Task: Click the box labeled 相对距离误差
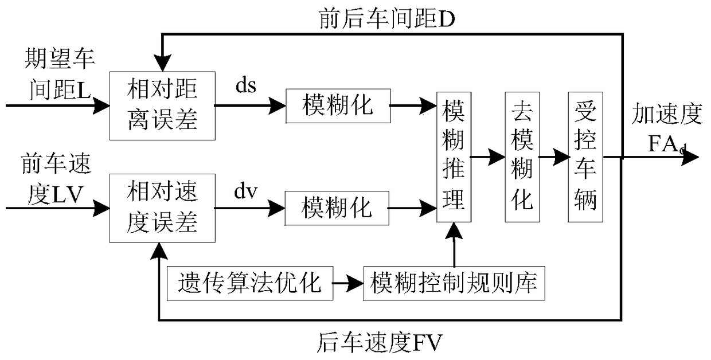tap(162, 106)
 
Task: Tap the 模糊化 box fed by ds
tap(338, 106)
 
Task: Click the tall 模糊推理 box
tap(454, 156)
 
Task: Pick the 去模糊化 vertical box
tap(522, 156)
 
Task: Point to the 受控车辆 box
tap(585, 156)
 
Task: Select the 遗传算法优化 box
tap(250, 283)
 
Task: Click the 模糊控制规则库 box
tap(454, 283)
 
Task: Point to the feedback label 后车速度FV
tap(379, 344)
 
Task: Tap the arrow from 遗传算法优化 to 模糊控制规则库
tap(348, 283)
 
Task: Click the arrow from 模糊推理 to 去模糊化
tap(488, 156)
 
